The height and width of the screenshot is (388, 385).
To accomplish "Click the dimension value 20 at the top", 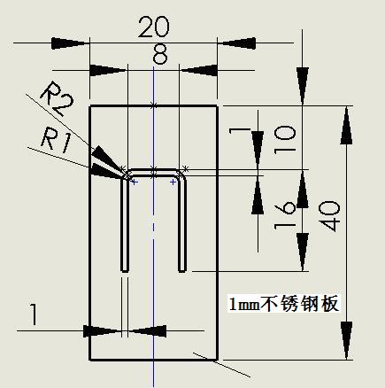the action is pos(154,27).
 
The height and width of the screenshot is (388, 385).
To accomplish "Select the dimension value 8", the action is pos(160,54).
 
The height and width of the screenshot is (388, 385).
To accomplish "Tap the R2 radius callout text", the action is pos(58,98).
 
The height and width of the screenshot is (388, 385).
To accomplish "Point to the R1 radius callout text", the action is pos(56,142).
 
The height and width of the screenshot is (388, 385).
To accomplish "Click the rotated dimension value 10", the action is pos(284,140).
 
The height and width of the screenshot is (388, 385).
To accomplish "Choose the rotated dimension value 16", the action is pos(284,215).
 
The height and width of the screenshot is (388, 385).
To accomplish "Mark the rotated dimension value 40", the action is pos(329,216).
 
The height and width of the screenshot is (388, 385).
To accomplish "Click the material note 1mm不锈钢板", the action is pos(284,304).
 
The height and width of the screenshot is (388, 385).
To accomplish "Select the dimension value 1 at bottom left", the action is pos(35,314).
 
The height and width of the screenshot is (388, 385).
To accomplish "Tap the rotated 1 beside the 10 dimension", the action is pos(240,130).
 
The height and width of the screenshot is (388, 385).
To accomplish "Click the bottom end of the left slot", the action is pos(125,271).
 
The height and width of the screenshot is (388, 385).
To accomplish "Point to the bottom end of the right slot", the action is pos(182,271).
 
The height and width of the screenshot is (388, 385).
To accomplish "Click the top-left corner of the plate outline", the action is pos(89,105).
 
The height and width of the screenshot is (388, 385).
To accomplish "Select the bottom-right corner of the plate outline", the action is pos(218,360).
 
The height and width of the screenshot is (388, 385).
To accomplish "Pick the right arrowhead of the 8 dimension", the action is pos(198,70).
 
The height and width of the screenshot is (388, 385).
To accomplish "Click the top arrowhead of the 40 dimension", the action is pos(346,127).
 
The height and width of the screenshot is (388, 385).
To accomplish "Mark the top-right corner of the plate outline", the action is pos(218,105).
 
